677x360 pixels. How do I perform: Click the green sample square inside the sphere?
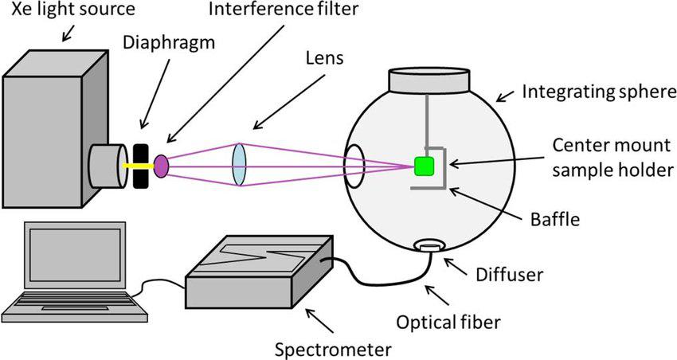pyautogui.click(x=425, y=166)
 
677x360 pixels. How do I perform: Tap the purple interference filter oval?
pyautogui.click(x=161, y=166)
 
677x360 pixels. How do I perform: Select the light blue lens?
pyautogui.click(x=240, y=165)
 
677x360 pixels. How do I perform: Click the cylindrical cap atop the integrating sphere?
pyautogui.click(x=427, y=80)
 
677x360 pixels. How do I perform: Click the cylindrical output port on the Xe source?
pyautogui.click(x=107, y=166)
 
